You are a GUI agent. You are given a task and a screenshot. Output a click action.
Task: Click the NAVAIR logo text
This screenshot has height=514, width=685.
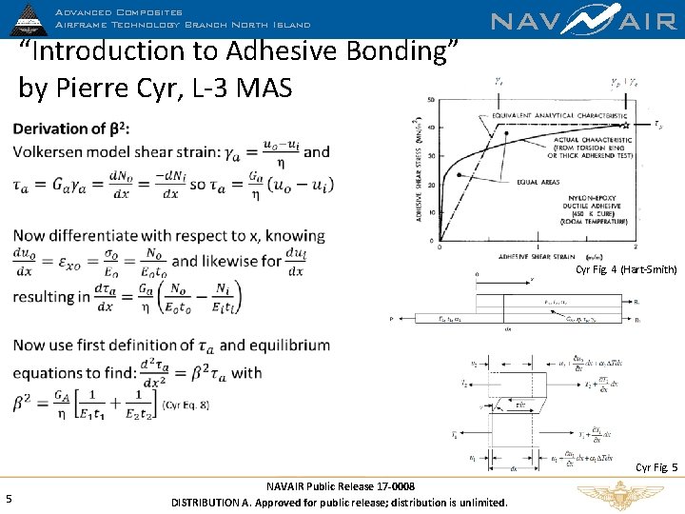click(x=583, y=22)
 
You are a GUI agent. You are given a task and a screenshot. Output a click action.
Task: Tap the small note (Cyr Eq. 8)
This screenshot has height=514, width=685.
click(x=186, y=405)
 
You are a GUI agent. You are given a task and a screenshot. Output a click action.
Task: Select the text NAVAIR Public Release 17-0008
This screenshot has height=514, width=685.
click(x=340, y=486)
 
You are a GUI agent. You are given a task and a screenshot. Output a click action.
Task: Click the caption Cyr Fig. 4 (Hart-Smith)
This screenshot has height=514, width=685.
click(x=626, y=270)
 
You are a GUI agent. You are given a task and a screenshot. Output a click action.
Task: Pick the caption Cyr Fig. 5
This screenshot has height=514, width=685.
click(x=656, y=467)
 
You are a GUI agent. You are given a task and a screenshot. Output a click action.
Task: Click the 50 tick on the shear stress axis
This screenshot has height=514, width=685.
click(x=432, y=100)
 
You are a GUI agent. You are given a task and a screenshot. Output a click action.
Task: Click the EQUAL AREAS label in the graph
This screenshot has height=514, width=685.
click(x=538, y=182)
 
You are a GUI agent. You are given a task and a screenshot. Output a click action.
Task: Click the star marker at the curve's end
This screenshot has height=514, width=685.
click(x=626, y=125)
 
